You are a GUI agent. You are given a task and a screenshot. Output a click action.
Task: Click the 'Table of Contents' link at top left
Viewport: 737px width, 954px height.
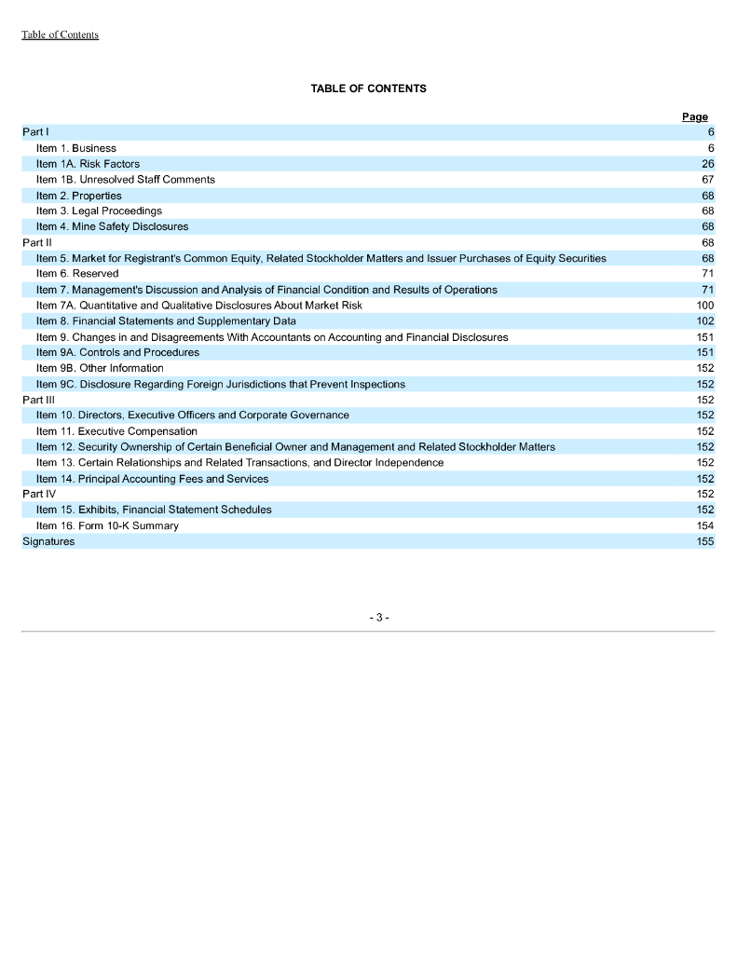(60, 34)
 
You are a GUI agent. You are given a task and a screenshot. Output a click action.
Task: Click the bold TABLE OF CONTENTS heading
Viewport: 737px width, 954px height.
(368, 89)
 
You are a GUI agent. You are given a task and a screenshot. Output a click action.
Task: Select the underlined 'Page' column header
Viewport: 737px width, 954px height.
(694, 117)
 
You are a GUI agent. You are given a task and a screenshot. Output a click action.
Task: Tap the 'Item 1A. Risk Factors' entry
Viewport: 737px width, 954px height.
(88, 164)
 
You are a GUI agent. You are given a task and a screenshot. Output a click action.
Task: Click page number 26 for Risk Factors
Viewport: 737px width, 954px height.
(707, 164)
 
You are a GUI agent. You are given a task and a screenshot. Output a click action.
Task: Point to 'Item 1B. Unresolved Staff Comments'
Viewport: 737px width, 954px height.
(125, 180)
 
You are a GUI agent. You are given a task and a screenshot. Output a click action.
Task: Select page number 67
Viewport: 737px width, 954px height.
(707, 180)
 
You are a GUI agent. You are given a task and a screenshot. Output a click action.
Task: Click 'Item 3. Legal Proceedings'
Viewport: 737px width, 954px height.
(99, 211)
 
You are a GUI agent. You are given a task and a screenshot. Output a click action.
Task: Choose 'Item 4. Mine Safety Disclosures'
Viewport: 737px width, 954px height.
(112, 226)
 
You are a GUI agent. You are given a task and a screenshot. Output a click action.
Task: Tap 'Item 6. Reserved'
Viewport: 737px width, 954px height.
(76, 274)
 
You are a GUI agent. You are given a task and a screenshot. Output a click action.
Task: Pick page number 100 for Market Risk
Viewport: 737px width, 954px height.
(705, 306)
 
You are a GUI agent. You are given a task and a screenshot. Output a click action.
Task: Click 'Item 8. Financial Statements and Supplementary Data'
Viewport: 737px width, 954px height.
(166, 320)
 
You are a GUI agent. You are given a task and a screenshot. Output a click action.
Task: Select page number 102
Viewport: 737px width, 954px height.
(705, 320)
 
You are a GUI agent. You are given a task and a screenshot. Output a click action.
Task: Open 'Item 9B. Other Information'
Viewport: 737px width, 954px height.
(100, 368)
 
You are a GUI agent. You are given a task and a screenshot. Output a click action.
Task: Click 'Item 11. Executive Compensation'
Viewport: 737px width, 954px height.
(116, 431)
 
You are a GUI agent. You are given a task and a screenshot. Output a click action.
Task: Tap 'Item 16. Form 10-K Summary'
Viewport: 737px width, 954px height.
(107, 525)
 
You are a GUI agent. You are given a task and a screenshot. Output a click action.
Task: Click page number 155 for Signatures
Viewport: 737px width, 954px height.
(705, 541)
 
